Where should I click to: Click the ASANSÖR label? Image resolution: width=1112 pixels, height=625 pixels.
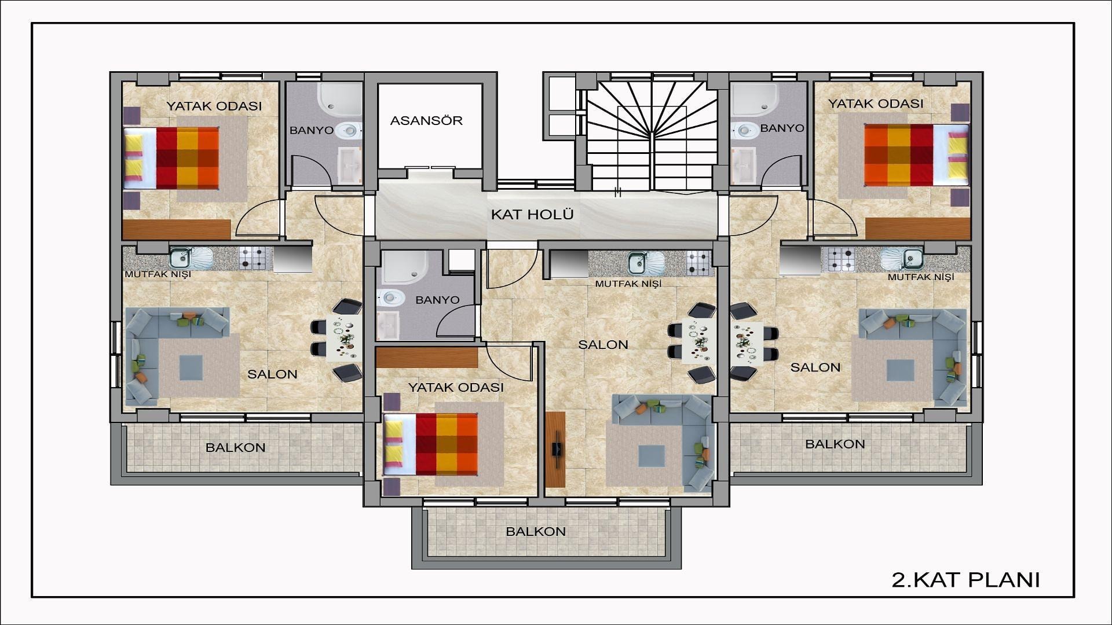pos(426,121)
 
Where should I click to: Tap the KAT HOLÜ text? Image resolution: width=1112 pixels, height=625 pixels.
pos(532,215)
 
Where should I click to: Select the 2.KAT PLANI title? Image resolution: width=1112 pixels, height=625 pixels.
pos(965,580)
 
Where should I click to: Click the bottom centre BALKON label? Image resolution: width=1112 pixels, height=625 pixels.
pos(536,531)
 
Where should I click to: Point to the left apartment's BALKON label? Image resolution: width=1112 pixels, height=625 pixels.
pos(236,447)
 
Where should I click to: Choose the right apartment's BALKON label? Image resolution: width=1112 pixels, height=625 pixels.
pos(835,444)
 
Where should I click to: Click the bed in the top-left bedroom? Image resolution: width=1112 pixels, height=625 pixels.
pos(171,158)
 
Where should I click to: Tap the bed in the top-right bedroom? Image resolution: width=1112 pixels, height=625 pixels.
pos(916,155)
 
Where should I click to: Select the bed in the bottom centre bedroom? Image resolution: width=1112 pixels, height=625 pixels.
pos(431,444)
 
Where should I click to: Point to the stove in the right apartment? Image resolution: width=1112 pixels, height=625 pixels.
pos(842,259)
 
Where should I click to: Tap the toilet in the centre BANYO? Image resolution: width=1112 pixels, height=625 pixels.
pos(391,298)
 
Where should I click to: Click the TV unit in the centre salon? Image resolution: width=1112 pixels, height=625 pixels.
pos(555,449)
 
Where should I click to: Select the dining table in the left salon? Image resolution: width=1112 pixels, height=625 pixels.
pos(344,339)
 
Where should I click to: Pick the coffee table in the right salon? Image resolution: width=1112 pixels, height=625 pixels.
pos(901,370)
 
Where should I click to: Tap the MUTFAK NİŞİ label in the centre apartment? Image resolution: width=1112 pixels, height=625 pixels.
pos(628,284)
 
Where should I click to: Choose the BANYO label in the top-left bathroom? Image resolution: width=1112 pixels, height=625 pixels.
pos(312,130)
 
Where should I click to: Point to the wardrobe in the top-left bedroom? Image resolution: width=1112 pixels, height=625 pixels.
pos(177,229)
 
